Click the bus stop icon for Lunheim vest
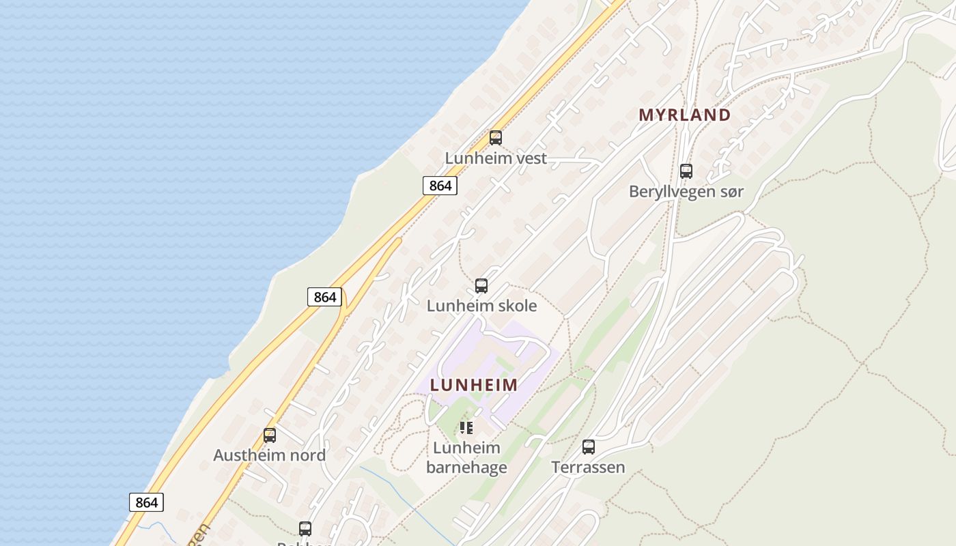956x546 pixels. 496,138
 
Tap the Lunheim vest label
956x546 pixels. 496,158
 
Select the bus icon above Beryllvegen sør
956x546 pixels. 686,171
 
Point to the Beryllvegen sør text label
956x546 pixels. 686,192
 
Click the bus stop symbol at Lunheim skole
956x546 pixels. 481,286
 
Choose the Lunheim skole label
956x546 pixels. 481,306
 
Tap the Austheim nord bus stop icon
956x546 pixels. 270,435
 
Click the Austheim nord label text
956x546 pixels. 269,455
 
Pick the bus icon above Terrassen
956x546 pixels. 589,447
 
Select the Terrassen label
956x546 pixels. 588,468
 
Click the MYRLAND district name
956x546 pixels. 684,115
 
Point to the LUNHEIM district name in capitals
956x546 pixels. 474,385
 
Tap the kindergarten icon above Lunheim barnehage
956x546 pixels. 466,428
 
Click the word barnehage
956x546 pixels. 466,468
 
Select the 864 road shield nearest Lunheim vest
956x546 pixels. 439,186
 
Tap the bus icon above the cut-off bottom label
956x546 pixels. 305,528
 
